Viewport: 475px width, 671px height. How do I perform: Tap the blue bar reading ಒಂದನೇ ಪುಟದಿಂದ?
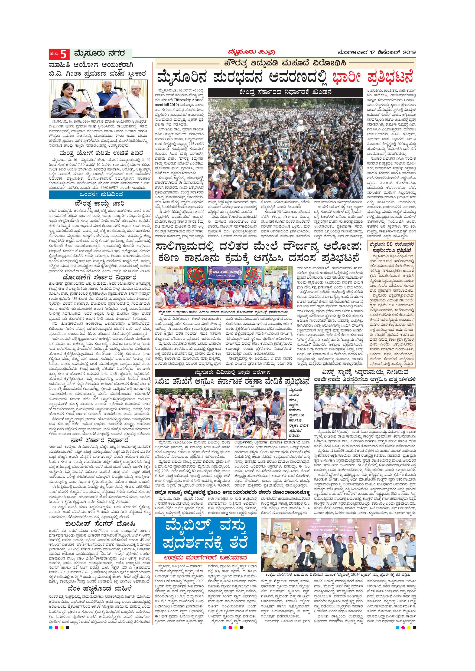[x=99, y=194]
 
